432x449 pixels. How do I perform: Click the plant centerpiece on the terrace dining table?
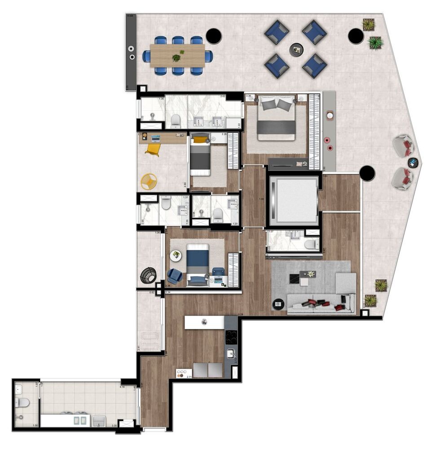coord(177,57)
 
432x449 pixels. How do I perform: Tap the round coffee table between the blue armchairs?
coord(296,49)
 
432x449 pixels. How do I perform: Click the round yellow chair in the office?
coord(149,181)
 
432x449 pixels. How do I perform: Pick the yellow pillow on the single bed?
coord(199,140)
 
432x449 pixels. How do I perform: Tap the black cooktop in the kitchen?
coord(231,337)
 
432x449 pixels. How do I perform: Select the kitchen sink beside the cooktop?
coord(231,354)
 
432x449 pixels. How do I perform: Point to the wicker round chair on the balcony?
coord(149,275)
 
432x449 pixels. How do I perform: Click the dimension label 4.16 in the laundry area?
coord(122,387)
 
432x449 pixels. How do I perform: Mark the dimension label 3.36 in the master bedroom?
coord(248,96)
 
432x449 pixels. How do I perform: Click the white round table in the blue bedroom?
coord(176,255)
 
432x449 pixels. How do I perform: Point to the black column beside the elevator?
coord(367,172)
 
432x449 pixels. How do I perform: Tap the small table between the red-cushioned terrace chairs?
coord(413,162)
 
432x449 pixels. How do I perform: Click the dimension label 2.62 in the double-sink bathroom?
coord(223,96)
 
